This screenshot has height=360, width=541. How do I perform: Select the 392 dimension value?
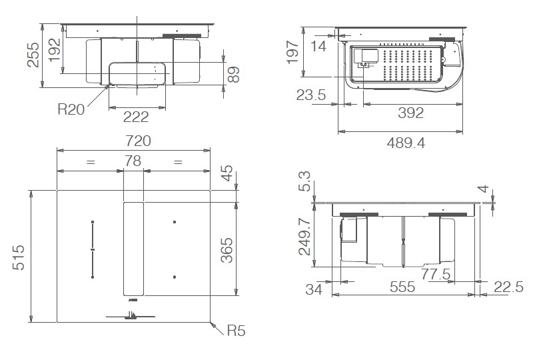click(410, 113)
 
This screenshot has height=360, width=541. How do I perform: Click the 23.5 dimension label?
click(310, 96)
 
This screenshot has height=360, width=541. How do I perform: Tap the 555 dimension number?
click(402, 287)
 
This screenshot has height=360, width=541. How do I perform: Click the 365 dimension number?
click(227, 249)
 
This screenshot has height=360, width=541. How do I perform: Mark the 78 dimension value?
click(133, 161)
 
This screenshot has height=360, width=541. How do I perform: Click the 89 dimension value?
click(233, 74)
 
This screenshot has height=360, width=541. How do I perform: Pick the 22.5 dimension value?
click(509, 287)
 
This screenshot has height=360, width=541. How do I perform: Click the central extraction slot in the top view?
click(133, 248)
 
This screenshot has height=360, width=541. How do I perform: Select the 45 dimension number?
click(227, 174)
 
